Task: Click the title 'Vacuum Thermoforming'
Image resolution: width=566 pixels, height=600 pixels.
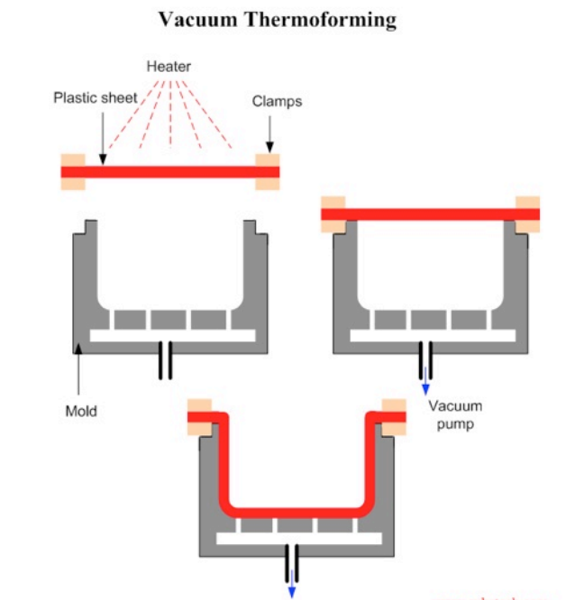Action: [277, 20]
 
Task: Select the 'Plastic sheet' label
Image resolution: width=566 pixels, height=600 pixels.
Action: [95, 97]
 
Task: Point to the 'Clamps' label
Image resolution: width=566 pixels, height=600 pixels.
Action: [277, 102]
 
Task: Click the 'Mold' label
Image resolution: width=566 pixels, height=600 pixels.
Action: [81, 412]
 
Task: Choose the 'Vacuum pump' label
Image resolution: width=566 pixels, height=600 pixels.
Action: [455, 414]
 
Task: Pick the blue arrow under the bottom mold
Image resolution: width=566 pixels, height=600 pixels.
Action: [291, 585]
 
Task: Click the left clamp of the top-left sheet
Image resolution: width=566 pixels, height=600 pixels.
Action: [72, 171]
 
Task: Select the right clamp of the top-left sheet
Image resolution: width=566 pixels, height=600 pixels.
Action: [268, 171]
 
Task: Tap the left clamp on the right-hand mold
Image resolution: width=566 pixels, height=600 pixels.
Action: [333, 214]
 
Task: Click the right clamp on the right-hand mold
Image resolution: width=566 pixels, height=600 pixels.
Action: [527, 214]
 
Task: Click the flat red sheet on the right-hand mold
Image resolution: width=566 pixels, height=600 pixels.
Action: [430, 214]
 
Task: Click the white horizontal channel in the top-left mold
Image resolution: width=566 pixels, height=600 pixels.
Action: [172, 336]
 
